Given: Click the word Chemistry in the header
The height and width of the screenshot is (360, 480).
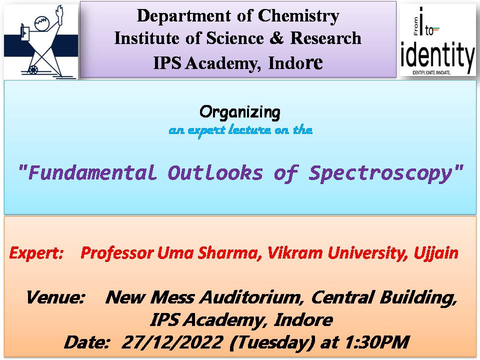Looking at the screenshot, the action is coord(298,16).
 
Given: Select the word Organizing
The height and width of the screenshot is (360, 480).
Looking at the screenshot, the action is coord(240,112).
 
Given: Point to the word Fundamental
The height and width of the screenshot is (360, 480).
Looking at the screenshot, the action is coord(92,172).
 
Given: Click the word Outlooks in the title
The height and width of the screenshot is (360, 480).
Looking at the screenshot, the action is coord(215,172).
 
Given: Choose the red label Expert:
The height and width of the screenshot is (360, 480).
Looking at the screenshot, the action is coord(36,253).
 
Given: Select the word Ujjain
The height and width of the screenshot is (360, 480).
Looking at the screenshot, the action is coord(436,253).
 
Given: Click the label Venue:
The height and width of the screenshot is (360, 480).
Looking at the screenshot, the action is coord(55,297).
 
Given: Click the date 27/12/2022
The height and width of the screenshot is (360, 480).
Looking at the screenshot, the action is coord(172,342).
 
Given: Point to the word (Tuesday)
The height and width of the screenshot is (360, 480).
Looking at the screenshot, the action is coord(272,342).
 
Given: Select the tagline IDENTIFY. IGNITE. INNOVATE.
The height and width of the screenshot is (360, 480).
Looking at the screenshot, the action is coord(431,73).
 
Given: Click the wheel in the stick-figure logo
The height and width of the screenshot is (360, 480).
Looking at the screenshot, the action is coord(33,69).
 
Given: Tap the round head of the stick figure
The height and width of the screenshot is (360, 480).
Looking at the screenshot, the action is coord(41,24).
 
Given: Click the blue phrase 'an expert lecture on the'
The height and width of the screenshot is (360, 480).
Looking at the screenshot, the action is coord(240,130).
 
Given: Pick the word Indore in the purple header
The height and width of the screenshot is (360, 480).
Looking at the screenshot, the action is coord(295,63).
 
